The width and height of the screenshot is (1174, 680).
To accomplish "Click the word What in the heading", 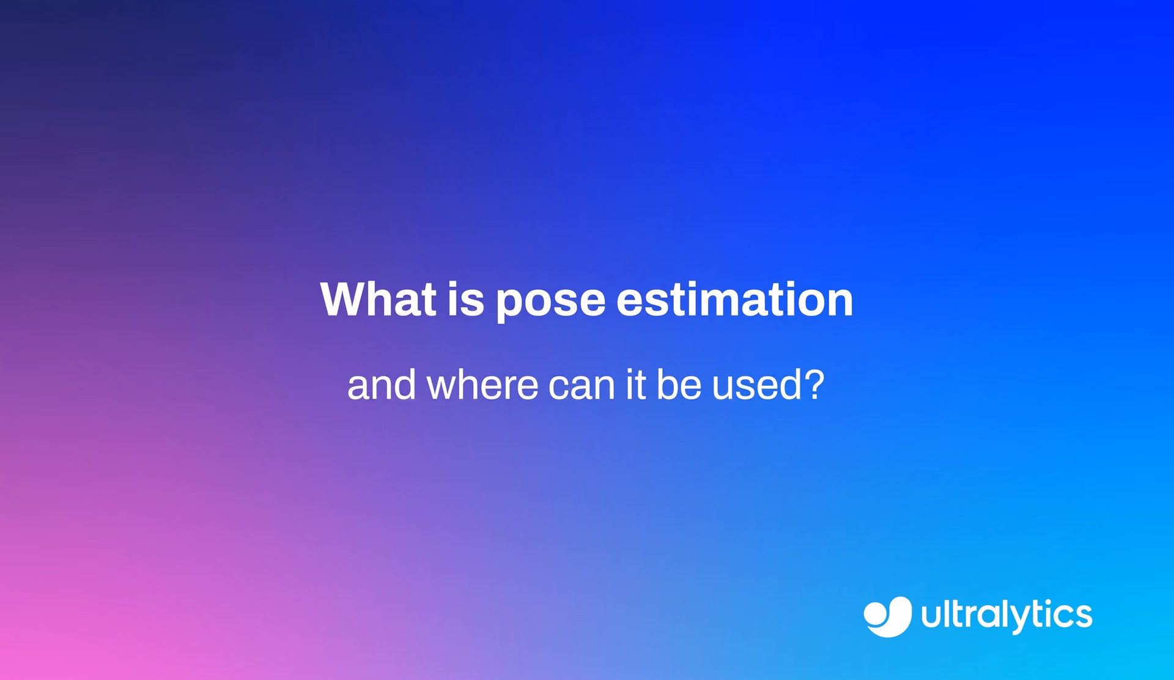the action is point(378,299).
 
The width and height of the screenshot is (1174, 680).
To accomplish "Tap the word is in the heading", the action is point(466,299).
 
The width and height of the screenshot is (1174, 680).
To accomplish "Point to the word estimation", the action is point(734,299).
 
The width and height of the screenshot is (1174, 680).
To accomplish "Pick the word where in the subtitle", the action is point(482,385).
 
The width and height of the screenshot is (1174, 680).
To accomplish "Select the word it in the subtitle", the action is point(636,385).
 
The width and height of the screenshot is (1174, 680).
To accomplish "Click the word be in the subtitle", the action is point(679,385).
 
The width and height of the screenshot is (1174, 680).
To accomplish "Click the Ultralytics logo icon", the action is point(887,616).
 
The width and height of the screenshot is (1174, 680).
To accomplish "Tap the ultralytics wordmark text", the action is point(1006,616).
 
